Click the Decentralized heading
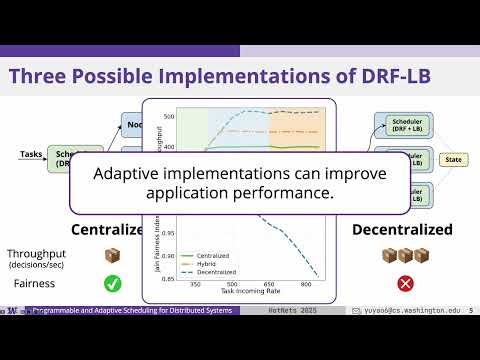coord(402,230)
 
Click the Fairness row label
coord(34,284)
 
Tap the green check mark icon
coord(112,284)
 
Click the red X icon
coord(406,284)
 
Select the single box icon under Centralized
coord(112,256)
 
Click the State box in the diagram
coord(452,158)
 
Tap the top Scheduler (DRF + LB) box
coord(404,125)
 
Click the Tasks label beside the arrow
coord(31,154)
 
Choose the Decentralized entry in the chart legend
coord(203,271)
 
